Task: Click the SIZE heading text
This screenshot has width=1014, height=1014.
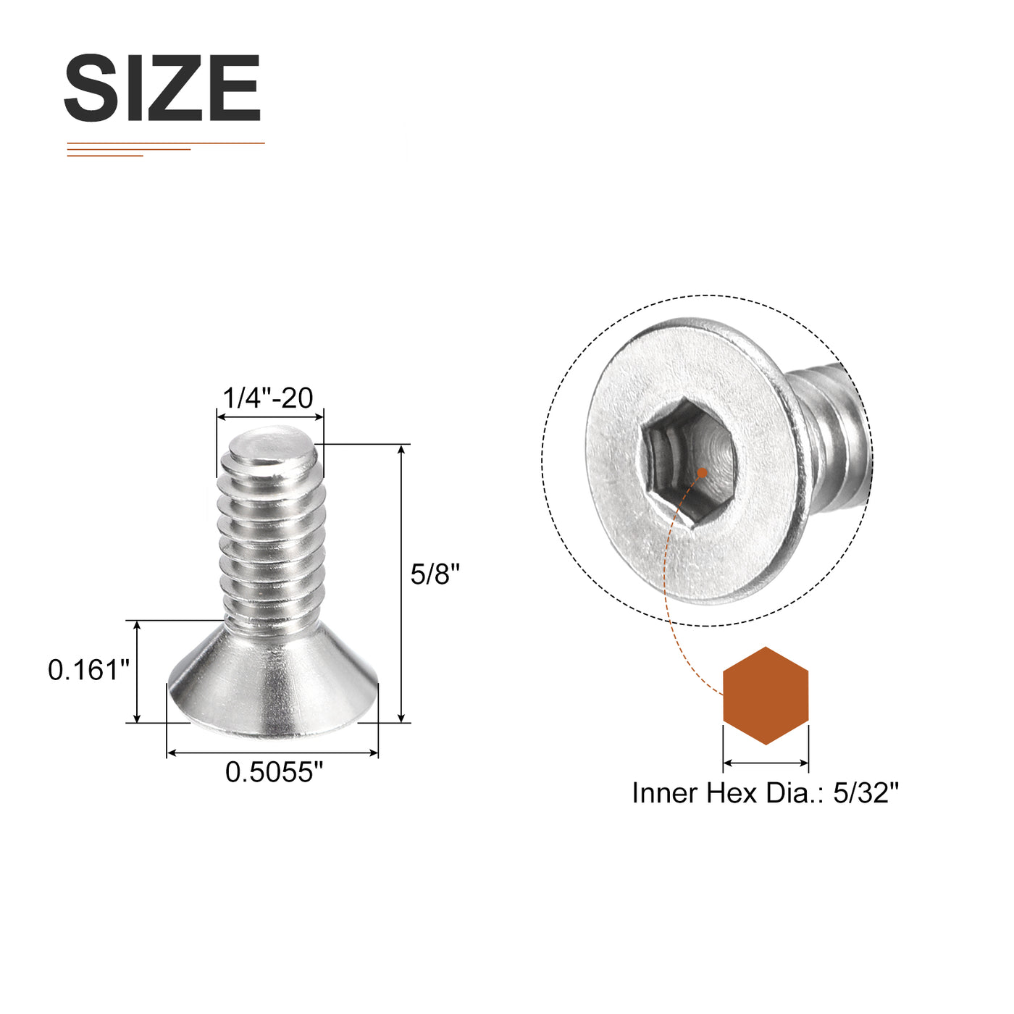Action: coord(162,88)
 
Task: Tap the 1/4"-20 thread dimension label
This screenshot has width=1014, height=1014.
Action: coord(269,398)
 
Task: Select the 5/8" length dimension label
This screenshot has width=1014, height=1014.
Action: coord(435,574)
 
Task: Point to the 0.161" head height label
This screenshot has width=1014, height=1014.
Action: coord(89,670)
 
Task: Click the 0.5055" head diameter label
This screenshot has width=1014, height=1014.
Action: coord(275,772)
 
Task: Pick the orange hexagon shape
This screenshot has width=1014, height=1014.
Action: coord(766,695)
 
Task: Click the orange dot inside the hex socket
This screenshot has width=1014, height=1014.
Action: coord(702,472)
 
